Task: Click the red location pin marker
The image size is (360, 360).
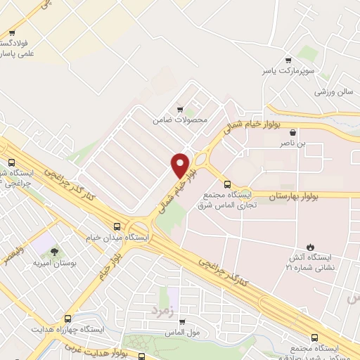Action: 181,165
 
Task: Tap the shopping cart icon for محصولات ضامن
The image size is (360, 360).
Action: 180,109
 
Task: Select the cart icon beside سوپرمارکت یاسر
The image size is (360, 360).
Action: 287,60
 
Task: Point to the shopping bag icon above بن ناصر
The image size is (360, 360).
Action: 292,131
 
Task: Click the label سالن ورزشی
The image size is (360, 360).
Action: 333,92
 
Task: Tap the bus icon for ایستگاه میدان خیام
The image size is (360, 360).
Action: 117,226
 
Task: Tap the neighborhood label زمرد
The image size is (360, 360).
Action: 161,308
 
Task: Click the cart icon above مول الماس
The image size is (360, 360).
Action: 179,319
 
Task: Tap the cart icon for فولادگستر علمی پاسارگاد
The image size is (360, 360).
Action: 13,32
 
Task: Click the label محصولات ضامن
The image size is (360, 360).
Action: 181,120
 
